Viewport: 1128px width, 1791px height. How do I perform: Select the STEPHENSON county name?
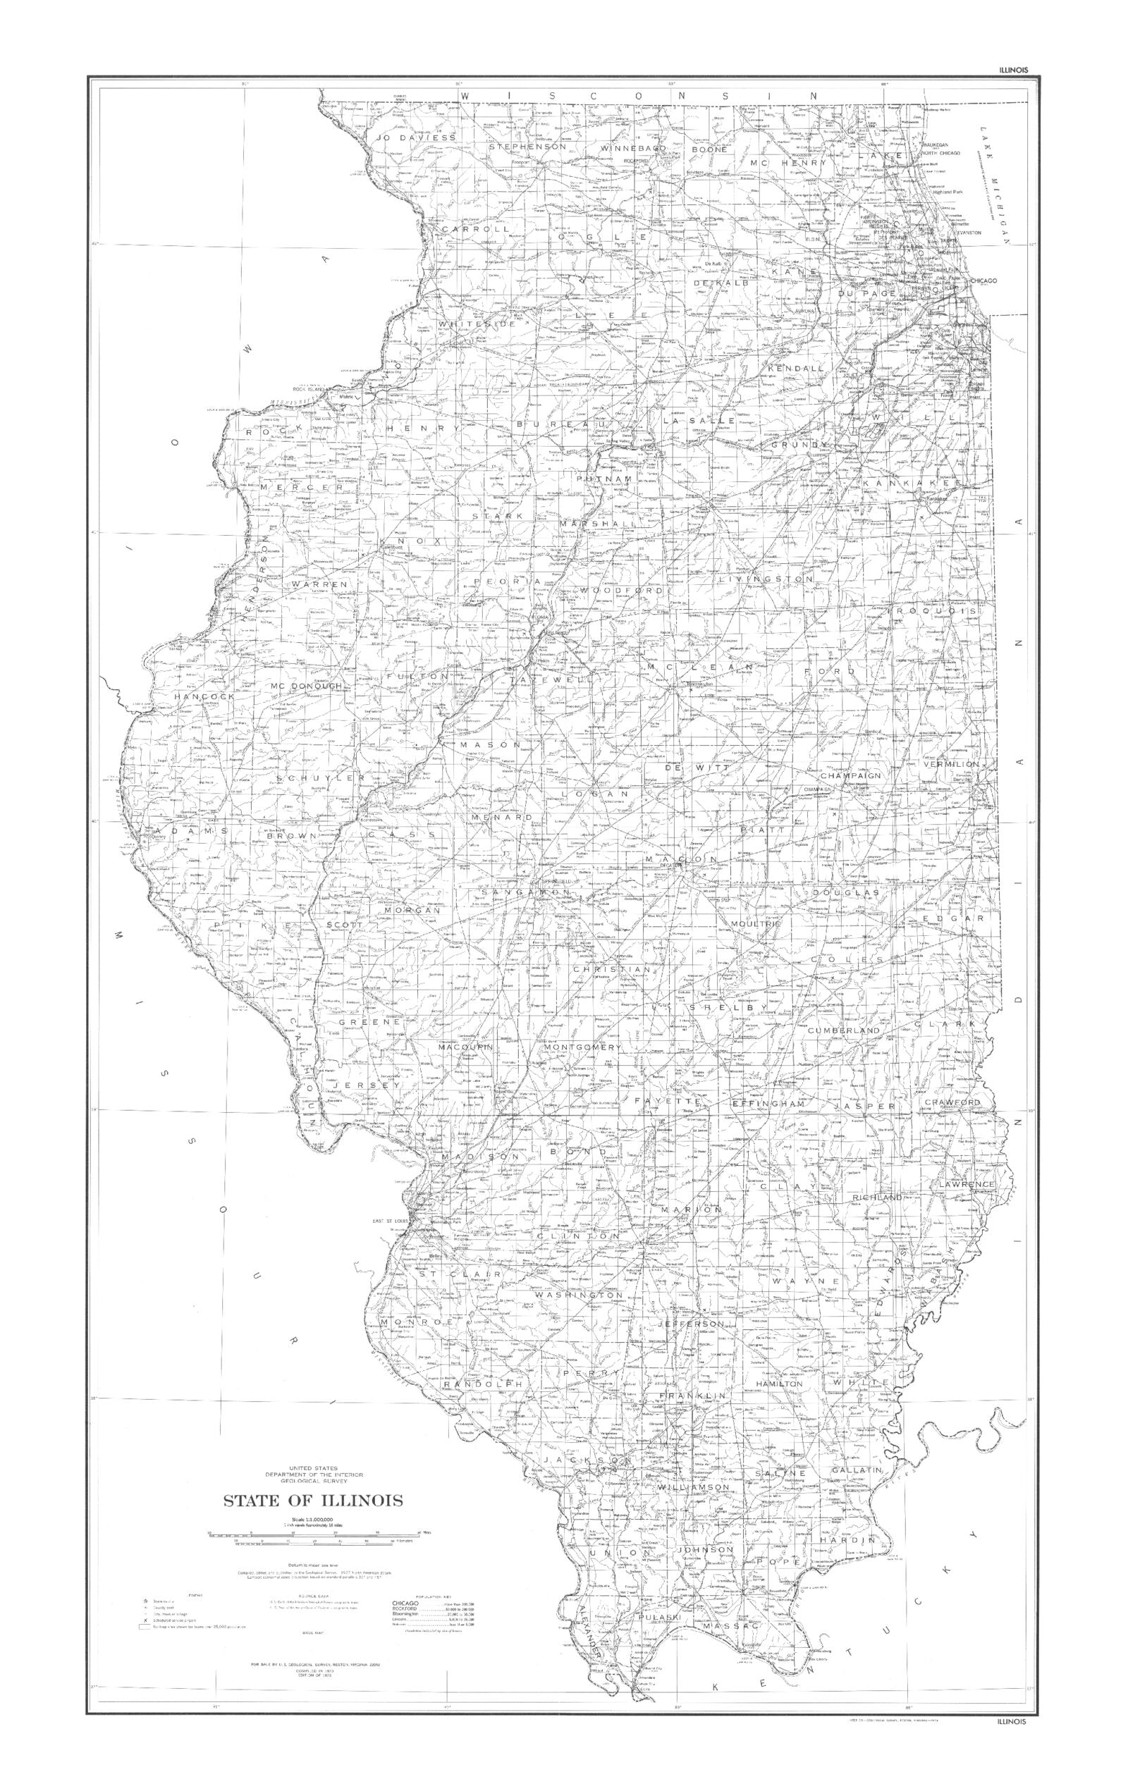pyautogui.click(x=527, y=147)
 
